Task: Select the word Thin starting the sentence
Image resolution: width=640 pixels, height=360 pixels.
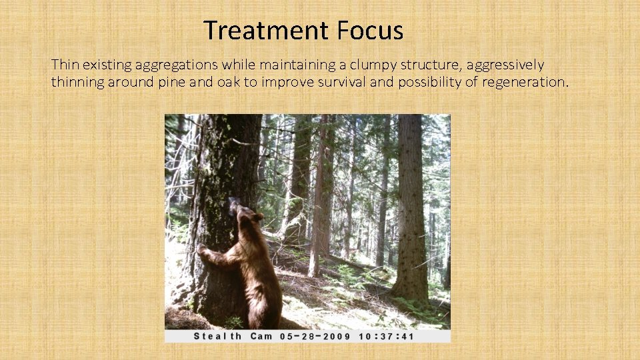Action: (64, 65)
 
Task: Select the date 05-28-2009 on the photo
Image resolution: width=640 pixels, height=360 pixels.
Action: (315, 336)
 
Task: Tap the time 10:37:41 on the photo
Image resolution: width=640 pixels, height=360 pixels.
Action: (387, 336)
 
